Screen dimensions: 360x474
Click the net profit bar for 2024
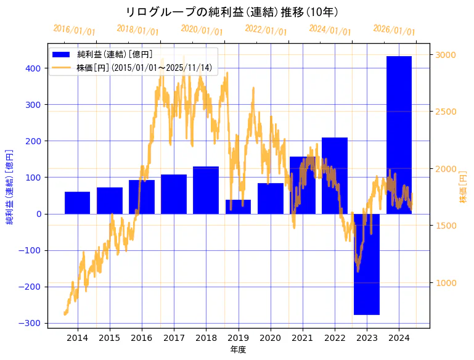(399, 135)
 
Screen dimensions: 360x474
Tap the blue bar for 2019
(238, 207)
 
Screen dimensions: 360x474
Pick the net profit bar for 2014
(78, 203)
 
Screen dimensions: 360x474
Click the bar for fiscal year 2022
(335, 176)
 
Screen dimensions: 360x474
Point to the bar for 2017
(174, 194)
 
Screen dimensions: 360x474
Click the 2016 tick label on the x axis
(142, 338)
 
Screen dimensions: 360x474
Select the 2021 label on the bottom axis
(302, 338)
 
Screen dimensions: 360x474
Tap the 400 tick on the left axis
(33, 68)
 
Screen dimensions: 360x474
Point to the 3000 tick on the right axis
(446, 55)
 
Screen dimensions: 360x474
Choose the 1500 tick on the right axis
(446, 226)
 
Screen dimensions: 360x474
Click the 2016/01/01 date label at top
(74, 30)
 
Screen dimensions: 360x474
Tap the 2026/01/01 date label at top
(394, 30)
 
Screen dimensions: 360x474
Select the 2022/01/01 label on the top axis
(266, 30)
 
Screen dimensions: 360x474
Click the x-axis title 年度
(238, 350)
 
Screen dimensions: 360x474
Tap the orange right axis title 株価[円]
(464, 188)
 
